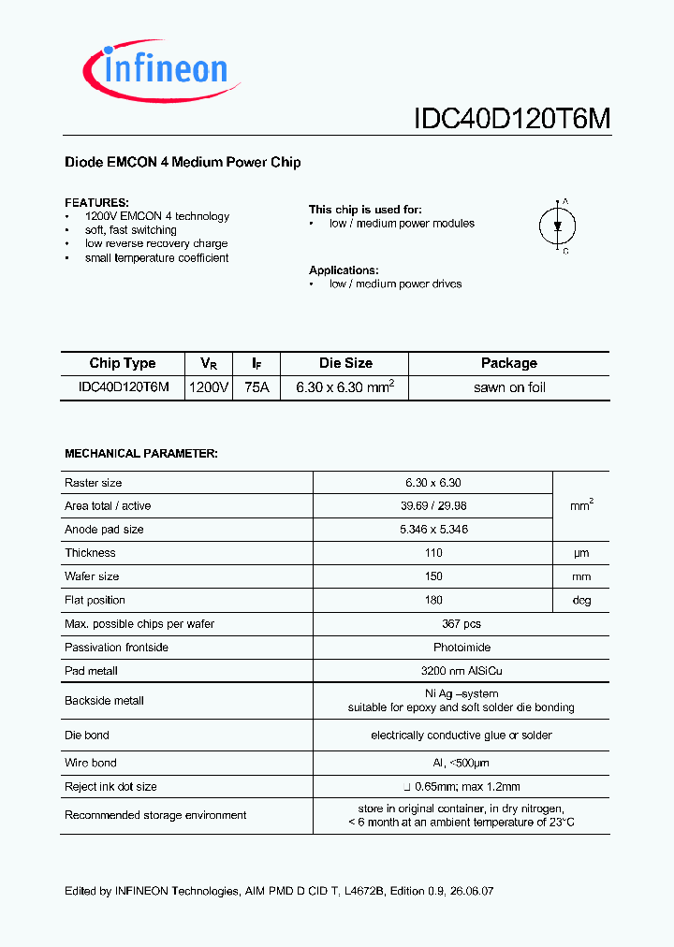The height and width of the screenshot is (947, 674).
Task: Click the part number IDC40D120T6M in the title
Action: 511,120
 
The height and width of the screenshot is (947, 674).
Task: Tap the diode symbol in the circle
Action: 558,226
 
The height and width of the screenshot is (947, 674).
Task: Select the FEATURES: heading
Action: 96,202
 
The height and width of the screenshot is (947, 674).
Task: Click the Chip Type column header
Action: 123,363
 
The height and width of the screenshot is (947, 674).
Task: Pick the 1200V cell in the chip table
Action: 208,387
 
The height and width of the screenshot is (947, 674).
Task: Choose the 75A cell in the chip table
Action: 256,387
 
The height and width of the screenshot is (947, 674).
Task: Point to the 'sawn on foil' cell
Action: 509,387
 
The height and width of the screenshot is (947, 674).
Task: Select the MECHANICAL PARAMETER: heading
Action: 140,453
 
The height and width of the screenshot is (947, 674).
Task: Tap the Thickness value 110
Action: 432,553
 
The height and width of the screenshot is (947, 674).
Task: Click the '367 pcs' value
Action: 462,623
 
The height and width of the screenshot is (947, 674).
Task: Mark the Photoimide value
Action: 462,647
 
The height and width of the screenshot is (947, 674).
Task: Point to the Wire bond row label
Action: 90,763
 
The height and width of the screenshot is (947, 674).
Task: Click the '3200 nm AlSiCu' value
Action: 462,670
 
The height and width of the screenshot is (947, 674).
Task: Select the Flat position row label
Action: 95,600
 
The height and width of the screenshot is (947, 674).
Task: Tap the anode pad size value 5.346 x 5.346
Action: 432,530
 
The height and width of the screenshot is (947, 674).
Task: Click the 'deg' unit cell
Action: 581,600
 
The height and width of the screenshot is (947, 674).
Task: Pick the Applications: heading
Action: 344,270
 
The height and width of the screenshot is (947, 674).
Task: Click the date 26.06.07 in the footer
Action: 472,891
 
